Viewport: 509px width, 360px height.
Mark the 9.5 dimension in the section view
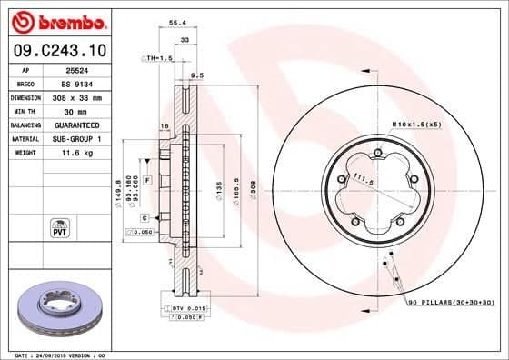pyautogui.click(x=195, y=75)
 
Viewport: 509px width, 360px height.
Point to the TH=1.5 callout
pyautogui.click(x=158, y=58)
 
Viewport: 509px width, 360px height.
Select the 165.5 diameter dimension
pyautogui.click(x=235, y=189)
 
